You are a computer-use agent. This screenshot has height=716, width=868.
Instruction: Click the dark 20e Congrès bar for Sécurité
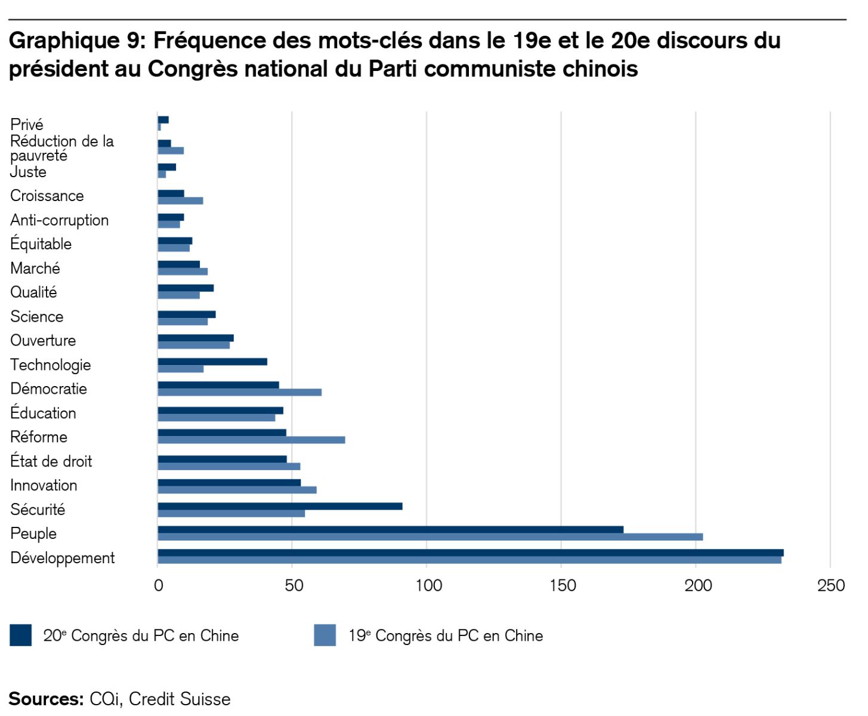[x=280, y=506]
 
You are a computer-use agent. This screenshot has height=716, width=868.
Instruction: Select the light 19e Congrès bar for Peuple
[x=430, y=537]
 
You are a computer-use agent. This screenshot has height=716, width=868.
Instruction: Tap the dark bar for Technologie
[x=212, y=362]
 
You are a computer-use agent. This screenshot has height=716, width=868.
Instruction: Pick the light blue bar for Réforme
[x=251, y=440]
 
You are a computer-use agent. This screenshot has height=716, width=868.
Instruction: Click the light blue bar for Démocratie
[x=239, y=393]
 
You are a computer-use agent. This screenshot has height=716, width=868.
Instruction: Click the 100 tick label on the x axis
[x=428, y=585]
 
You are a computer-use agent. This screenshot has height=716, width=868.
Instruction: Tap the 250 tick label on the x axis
[x=831, y=585]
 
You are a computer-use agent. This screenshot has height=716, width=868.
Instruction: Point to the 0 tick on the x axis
[x=158, y=585]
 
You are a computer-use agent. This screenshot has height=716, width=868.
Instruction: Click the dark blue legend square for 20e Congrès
[x=20, y=635]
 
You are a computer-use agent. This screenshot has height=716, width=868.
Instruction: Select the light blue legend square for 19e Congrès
[x=325, y=635]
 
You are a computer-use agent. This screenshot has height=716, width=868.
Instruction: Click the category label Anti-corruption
[x=59, y=220]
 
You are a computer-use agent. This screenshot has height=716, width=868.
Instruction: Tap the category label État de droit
[x=51, y=461]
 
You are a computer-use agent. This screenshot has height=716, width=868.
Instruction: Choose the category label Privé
[x=27, y=124]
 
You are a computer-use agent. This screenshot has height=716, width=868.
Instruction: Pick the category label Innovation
[x=44, y=485]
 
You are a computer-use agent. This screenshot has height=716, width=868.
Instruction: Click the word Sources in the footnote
[x=45, y=699]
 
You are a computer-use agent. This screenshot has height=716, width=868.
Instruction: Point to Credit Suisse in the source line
[x=180, y=699]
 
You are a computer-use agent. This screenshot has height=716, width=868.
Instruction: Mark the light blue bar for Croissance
[x=180, y=200]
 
